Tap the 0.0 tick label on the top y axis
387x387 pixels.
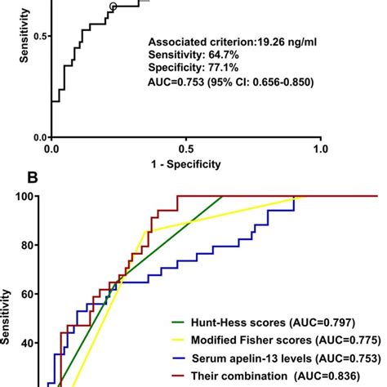[x=36, y=137]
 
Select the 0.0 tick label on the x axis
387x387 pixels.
[x=51, y=149]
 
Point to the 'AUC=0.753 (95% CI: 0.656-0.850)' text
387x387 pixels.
[x=231, y=82]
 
